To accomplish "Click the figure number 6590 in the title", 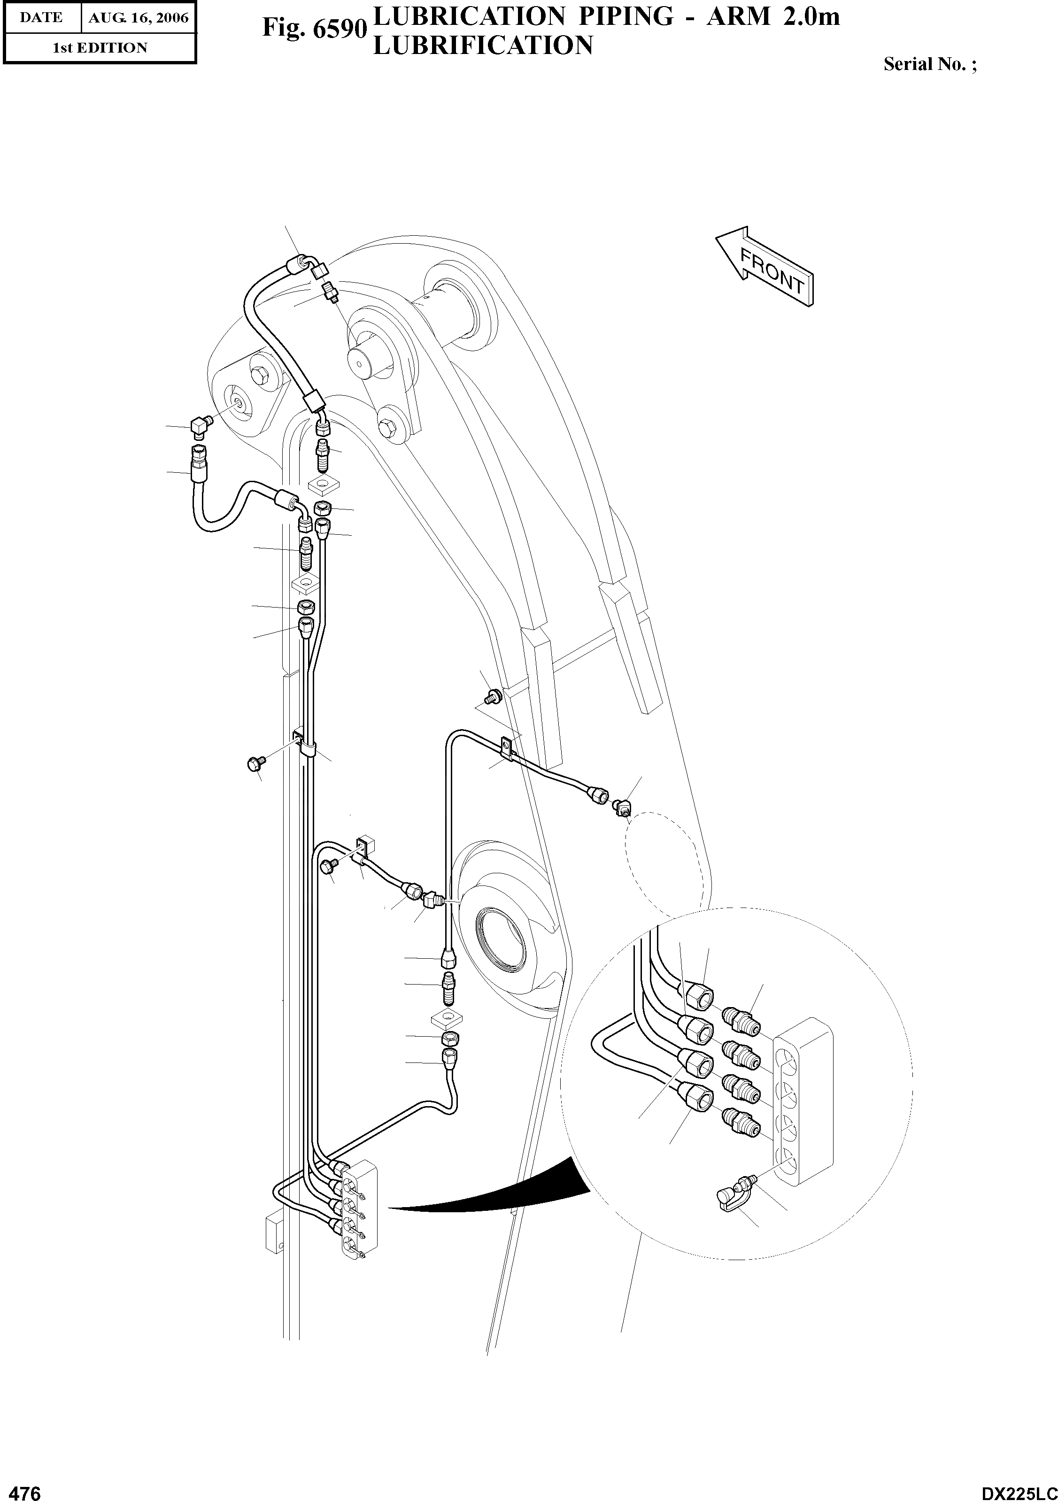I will (313, 29).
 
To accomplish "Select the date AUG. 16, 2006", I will (139, 18).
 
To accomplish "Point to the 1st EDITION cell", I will (100, 48).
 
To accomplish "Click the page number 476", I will (21, 1489).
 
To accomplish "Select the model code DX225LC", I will (1019, 1489).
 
